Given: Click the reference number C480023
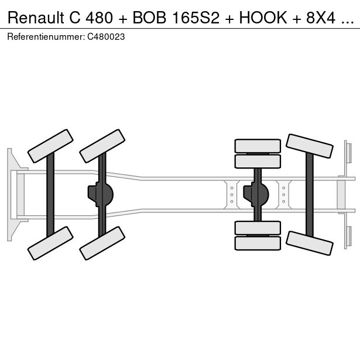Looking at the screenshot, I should click(x=106, y=36).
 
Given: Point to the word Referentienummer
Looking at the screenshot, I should click(x=45, y=36).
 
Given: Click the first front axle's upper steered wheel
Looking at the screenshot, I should click(x=50, y=146).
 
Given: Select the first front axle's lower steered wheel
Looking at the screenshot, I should click(x=50, y=243).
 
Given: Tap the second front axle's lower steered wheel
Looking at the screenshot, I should click(x=102, y=243).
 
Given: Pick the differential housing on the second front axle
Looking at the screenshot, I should click(x=102, y=194).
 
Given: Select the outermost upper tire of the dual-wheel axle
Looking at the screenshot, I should click(x=258, y=146).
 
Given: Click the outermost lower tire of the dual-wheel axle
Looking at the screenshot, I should click(x=258, y=242).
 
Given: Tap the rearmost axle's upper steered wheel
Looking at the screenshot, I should click(x=310, y=146).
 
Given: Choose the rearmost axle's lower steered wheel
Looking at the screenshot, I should click(x=310, y=242).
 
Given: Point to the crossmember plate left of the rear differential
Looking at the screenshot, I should click(x=232, y=194).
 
